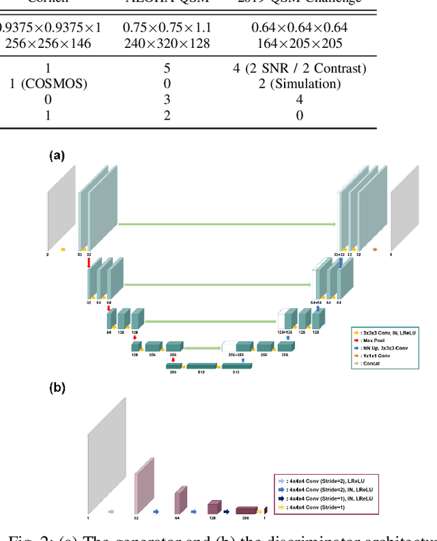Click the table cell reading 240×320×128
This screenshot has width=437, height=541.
click(x=167, y=43)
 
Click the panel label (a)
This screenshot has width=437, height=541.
click(x=57, y=156)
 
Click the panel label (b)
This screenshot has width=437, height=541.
click(x=57, y=388)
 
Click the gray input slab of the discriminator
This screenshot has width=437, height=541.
click(x=107, y=455)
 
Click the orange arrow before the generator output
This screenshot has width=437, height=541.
click(x=375, y=250)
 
